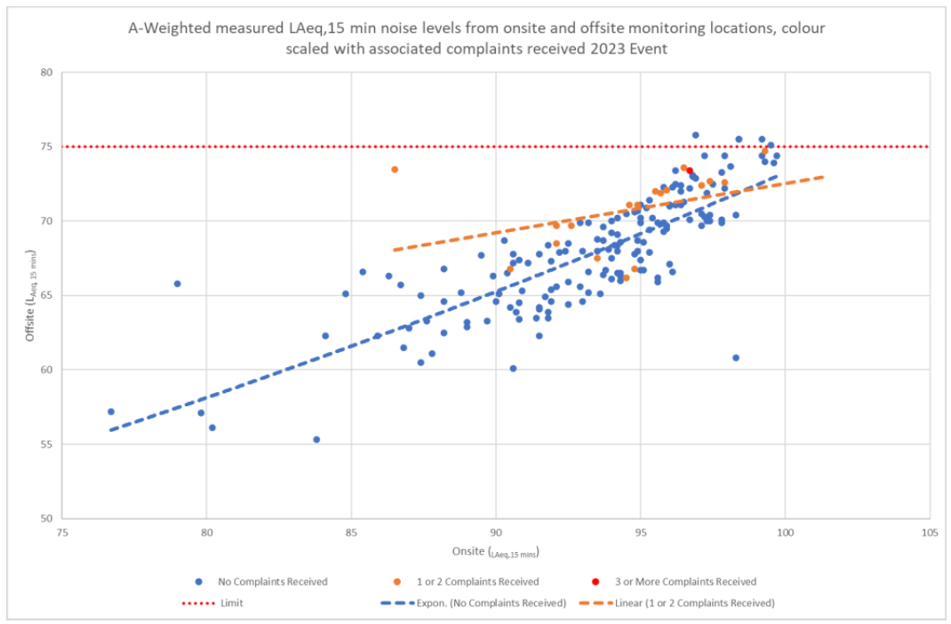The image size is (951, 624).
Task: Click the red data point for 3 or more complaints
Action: [x=690, y=171]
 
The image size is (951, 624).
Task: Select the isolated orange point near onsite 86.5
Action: [x=395, y=170]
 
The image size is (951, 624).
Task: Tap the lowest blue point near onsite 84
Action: [x=316, y=439]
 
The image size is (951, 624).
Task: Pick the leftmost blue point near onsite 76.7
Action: [x=111, y=412]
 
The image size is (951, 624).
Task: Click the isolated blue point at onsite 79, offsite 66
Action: [x=177, y=284]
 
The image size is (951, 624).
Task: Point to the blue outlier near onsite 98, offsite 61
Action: [x=736, y=357]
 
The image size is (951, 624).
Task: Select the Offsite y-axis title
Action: [x=31, y=296]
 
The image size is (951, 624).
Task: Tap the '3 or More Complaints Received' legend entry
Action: [x=685, y=582]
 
